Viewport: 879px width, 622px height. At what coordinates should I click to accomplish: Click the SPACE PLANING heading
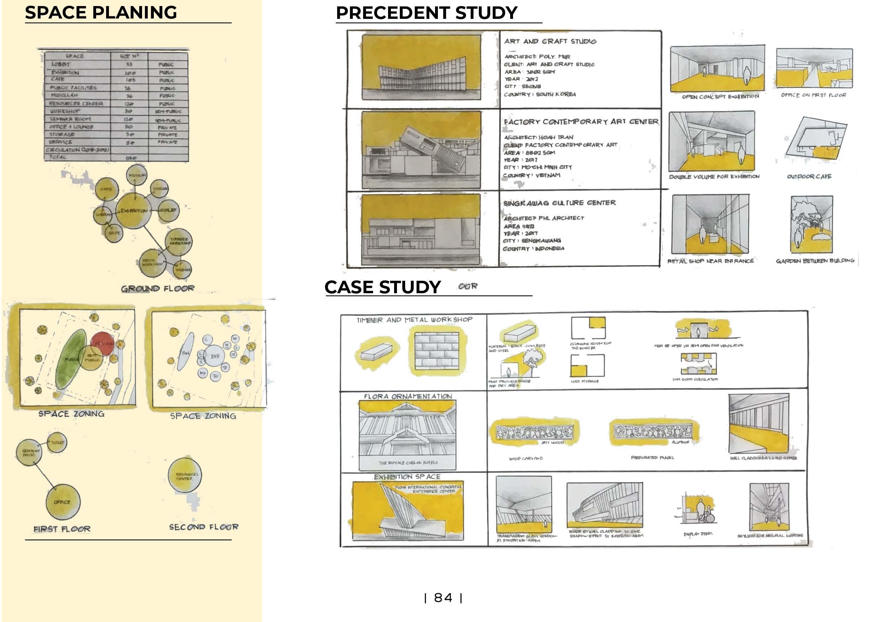click(101, 13)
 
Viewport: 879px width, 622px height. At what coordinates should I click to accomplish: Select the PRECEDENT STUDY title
click(426, 13)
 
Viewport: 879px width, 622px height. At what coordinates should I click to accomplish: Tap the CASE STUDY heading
click(382, 287)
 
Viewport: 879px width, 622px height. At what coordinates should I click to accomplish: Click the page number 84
click(443, 597)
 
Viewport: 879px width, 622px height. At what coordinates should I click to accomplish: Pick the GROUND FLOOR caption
click(157, 288)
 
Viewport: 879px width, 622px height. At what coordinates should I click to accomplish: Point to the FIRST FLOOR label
click(62, 529)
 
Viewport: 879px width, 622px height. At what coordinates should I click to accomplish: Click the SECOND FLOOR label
click(204, 527)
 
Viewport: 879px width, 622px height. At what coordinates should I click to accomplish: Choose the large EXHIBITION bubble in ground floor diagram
click(134, 211)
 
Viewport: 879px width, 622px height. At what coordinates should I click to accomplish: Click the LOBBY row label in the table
click(61, 64)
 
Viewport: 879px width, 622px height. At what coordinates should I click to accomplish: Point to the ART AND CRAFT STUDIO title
click(550, 41)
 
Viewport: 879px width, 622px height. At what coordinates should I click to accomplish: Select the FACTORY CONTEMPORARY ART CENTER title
click(581, 122)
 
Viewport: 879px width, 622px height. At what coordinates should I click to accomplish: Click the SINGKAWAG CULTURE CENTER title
click(559, 203)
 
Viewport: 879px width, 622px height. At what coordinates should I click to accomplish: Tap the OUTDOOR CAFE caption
click(809, 176)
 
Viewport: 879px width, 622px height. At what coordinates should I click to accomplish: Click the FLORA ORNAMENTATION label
click(408, 396)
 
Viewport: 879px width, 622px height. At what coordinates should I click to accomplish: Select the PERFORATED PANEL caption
click(652, 457)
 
